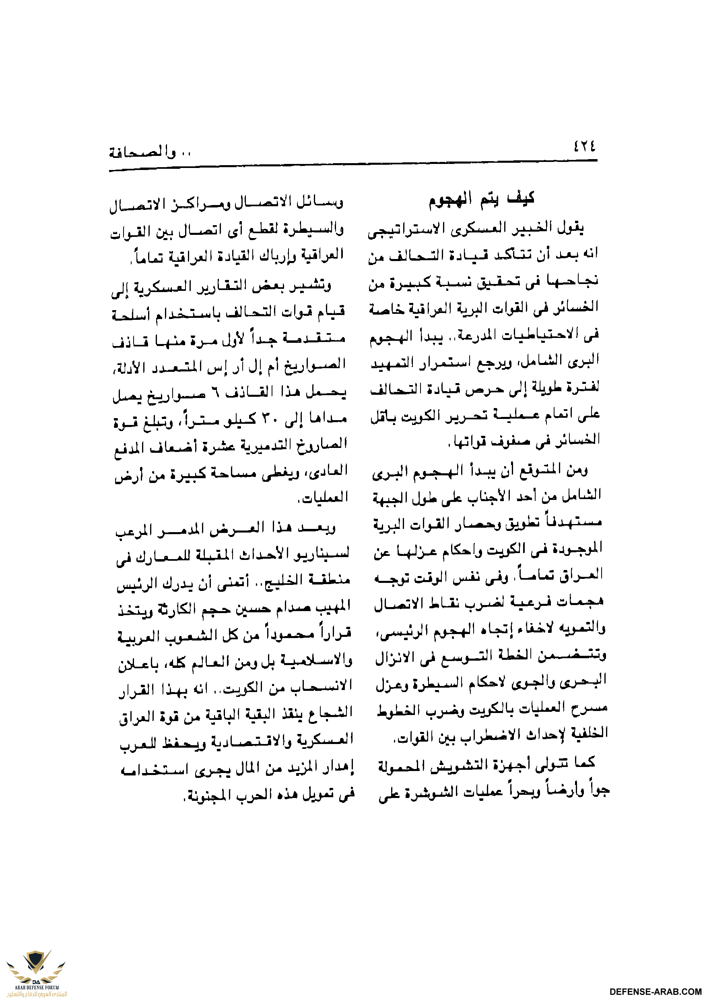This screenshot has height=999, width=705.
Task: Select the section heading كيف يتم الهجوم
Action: coord(482,199)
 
